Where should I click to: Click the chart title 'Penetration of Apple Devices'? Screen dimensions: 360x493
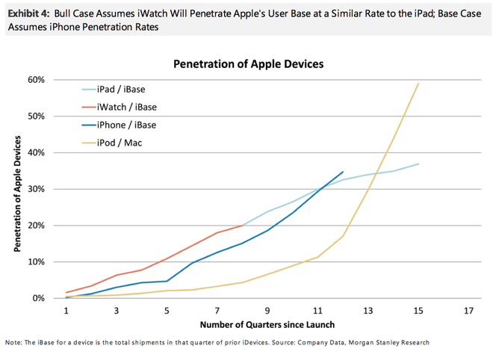249,64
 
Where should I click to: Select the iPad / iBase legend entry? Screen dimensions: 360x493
125,90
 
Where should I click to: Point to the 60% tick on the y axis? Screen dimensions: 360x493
37,80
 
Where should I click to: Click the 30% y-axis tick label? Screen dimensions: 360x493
37,189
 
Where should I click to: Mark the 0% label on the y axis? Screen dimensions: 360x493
39,299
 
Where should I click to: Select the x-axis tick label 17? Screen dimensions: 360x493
468,310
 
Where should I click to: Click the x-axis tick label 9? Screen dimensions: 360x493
267,310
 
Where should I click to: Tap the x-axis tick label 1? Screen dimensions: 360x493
66,310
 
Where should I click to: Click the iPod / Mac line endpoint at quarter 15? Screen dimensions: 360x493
418,83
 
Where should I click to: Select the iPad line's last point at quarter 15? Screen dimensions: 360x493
418,164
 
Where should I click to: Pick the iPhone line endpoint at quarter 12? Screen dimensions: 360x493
343,172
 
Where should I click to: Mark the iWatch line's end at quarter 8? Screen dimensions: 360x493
242,225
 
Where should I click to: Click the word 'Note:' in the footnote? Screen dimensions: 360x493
14,343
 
